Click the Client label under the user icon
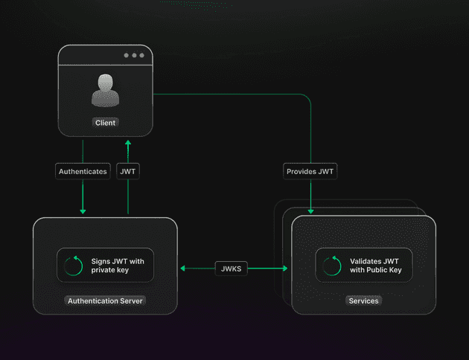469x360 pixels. click(105, 123)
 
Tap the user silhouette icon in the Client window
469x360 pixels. click(105, 90)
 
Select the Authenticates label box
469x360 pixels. click(83, 172)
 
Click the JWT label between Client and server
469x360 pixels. click(128, 172)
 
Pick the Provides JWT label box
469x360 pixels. click(310, 172)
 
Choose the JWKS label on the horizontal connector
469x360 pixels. click(232, 269)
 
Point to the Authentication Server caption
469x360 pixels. click(105, 300)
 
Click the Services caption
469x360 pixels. click(364, 300)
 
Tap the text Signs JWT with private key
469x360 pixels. click(118, 266)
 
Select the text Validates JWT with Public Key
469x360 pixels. click(376, 266)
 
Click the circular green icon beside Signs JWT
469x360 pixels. click(74, 266)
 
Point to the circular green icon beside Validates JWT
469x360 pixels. click(332, 266)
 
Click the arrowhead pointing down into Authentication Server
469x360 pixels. click(83, 211)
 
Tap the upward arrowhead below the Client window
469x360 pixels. click(128, 143)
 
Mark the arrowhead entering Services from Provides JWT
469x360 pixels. click(310, 211)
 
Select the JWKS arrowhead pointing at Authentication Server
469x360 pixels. click(182, 269)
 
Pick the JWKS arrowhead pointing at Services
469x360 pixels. click(285, 269)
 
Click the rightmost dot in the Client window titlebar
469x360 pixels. click(141, 55)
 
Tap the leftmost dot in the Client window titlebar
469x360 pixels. click(127, 55)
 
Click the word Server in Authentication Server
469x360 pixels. click(131, 300)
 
